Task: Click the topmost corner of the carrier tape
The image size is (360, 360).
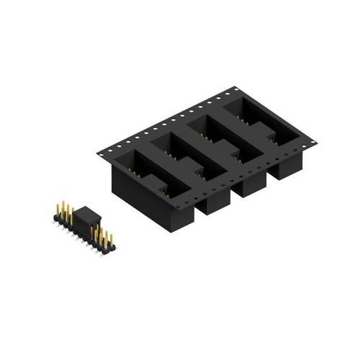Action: tap(235, 87)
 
